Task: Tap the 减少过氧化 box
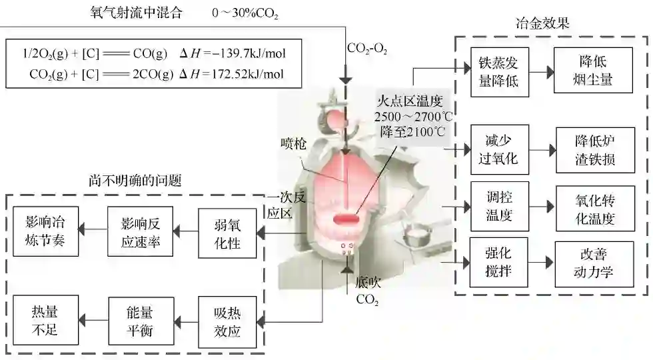point(498,149)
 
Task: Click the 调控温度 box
point(498,207)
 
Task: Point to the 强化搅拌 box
point(498,262)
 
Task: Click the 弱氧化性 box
point(227,232)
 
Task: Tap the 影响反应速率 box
point(141,231)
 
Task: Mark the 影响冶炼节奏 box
point(45,231)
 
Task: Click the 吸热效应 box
point(227,322)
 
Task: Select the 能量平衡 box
point(141,321)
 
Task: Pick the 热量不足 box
point(45,321)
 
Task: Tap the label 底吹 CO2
point(367,290)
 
